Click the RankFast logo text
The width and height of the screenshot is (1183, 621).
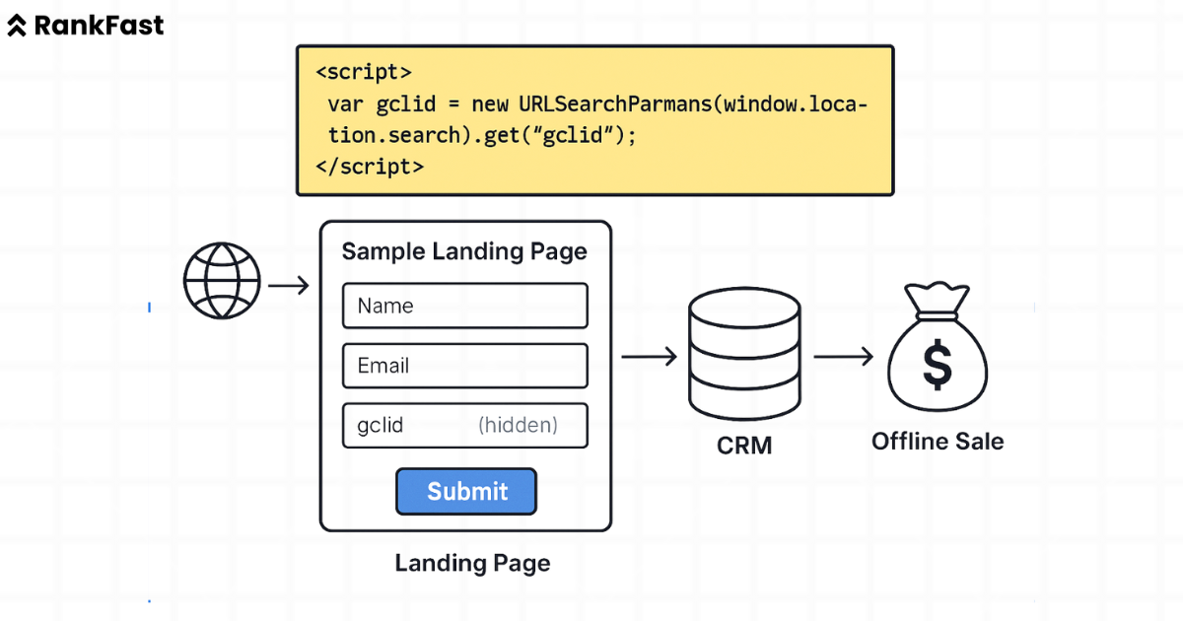tap(99, 26)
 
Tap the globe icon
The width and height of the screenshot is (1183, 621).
tap(222, 281)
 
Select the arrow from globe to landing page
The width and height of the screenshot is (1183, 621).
tap(289, 286)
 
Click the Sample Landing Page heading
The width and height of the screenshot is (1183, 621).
tap(464, 251)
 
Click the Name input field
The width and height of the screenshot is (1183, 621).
tap(464, 306)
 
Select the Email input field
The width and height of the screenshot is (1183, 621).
tap(464, 366)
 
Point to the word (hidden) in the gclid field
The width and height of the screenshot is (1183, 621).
tap(518, 426)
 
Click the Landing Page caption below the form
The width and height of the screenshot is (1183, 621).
tap(472, 564)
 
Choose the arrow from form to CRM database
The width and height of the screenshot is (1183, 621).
tap(649, 357)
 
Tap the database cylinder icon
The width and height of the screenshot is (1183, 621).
tap(744, 355)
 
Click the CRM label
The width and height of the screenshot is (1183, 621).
tap(744, 447)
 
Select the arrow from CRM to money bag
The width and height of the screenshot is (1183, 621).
tap(843, 357)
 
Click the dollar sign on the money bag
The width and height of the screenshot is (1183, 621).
tap(937, 365)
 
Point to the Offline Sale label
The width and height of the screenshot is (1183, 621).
tap(938, 441)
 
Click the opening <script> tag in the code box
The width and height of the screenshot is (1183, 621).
tap(363, 73)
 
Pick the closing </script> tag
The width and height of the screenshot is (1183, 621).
tap(369, 167)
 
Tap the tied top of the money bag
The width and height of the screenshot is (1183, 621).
tap(937, 298)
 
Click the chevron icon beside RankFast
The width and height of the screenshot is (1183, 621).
tap(17, 27)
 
